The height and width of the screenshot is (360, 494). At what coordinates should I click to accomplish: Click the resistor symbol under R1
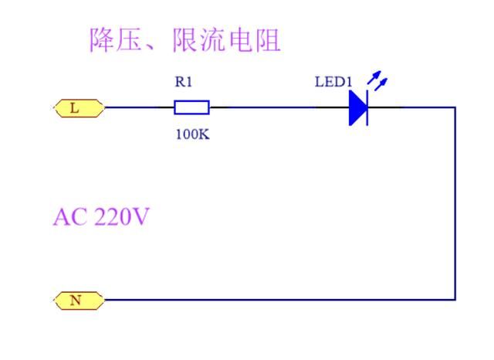pyautogui.click(x=191, y=107)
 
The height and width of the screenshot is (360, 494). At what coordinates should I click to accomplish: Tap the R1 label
pyautogui.click(x=184, y=82)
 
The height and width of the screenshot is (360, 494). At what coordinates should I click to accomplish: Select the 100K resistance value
pyautogui.click(x=192, y=134)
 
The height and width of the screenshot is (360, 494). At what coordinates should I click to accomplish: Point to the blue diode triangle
pyautogui.click(x=357, y=107)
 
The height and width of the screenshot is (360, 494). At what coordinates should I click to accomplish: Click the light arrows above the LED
pyautogui.click(x=377, y=80)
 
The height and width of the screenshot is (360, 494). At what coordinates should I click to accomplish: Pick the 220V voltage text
pyautogui.click(x=120, y=217)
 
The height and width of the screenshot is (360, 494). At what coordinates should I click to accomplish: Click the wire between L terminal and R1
pyautogui.click(x=139, y=107)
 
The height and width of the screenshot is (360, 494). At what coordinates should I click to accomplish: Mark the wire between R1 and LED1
pyautogui.click(x=270, y=107)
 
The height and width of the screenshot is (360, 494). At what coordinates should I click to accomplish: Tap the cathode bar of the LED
pyautogui.click(x=367, y=107)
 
